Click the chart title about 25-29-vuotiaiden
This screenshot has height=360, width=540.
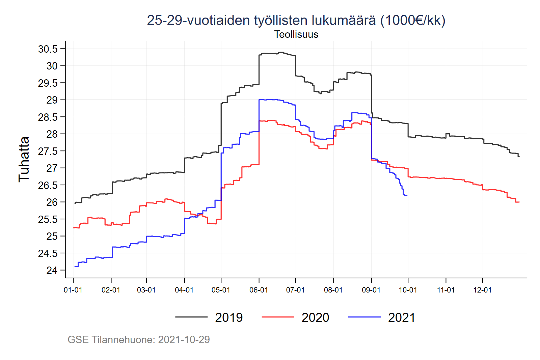tap(296, 21)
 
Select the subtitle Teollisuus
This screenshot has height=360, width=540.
tap(296, 34)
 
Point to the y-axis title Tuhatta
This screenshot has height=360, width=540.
tap(24, 159)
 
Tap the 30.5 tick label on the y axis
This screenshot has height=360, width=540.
tap(48, 49)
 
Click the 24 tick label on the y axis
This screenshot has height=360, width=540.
tap(52, 270)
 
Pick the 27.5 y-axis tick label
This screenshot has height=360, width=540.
tap(48, 151)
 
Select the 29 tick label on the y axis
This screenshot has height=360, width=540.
tap(52, 100)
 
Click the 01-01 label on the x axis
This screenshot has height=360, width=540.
tap(73, 290)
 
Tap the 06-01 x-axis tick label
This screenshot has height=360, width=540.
tap(259, 290)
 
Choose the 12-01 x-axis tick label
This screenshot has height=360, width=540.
tap(482, 290)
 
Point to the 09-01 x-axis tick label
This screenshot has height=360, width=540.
tap(371, 290)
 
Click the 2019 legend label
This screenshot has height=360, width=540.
tap(229, 317)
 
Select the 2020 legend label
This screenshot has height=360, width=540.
tap(315, 317)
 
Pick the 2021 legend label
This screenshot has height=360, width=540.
tap(402, 317)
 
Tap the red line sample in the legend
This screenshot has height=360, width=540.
tap(278, 317)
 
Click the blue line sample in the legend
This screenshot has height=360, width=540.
tap(364, 317)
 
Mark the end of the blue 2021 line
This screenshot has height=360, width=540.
tap(407, 195)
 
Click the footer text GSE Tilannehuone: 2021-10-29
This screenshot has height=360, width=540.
tap(139, 339)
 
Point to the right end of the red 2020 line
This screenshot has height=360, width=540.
tap(519, 202)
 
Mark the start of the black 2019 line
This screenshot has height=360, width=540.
tap(75, 203)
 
